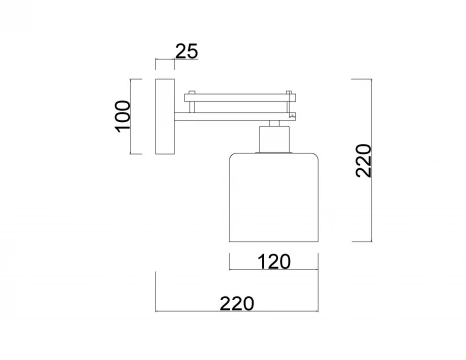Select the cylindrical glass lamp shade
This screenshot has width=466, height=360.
pyautogui.click(x=273, y=195)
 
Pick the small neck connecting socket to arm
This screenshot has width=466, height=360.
pyautogui.click(x=273, y=123)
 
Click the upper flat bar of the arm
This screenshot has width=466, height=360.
pyautogui.click(x=239, y=96)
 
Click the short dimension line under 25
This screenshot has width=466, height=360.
pyautogui.click(x=165, y=61)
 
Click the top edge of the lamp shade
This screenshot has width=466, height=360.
pyautogui.click(x=273, y=151)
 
